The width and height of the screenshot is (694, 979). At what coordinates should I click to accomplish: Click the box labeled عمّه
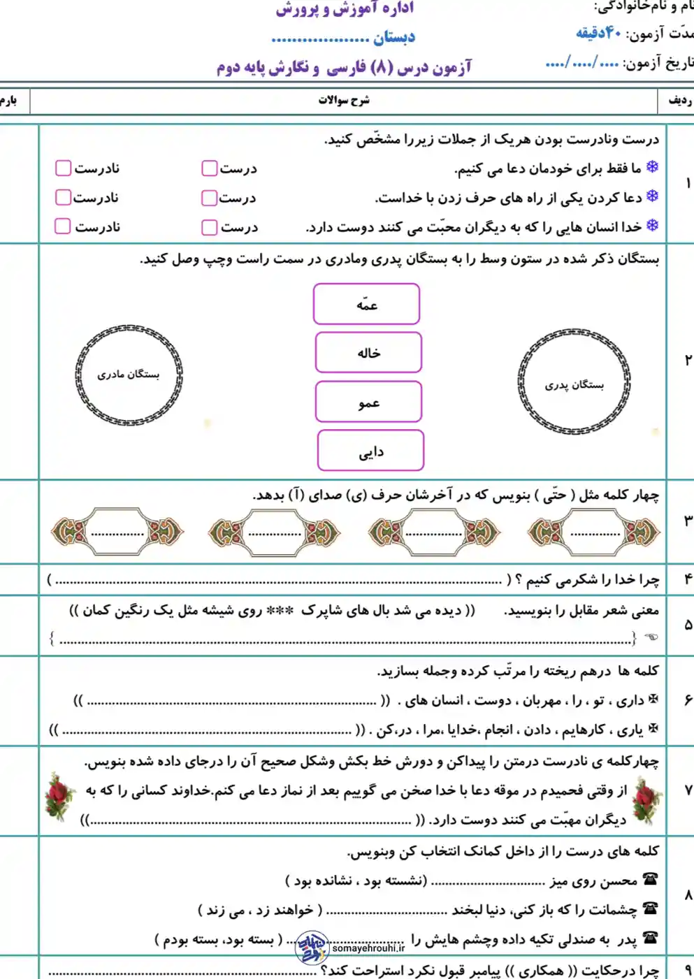point(366,304)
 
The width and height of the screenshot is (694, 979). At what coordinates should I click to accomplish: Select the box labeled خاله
point(368,353)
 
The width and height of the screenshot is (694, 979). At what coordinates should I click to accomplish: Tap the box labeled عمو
point(368,402)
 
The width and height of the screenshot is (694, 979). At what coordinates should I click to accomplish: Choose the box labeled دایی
point(370,451)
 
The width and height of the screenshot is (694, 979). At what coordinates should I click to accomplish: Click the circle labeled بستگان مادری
point(129,375)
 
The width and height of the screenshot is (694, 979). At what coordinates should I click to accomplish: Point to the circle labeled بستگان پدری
point(574,383)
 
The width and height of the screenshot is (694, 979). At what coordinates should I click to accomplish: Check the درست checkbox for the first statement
point(209,168)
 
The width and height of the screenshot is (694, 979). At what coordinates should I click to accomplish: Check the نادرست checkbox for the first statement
point(64,168)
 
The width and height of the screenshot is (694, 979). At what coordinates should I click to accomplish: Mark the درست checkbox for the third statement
point(209,227)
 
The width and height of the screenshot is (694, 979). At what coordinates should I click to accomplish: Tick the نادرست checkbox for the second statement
point(64,198)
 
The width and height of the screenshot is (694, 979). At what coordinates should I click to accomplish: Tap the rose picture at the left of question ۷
point(60,796)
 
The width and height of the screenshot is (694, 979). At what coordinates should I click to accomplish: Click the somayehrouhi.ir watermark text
point(368,948)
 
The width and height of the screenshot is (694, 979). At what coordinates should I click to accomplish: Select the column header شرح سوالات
point(344,101)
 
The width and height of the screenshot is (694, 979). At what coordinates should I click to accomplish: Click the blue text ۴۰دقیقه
point(598,32)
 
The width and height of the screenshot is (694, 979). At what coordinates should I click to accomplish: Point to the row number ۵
point(688,625)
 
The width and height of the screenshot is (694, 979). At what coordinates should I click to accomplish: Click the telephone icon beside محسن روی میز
point(651,879)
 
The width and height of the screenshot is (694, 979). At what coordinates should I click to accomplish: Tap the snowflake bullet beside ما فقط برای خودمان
point(652,167)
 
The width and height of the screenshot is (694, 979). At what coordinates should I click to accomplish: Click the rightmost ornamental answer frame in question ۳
point(593,532)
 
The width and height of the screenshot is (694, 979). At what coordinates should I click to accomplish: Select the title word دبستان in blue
point(394,37)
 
